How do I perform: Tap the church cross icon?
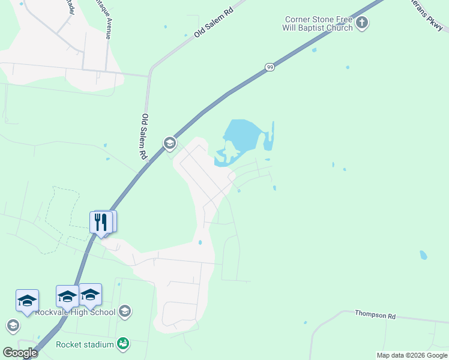(x=362, y=23)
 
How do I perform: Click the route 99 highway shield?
(x=270, y=67)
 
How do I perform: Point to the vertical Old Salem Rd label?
(x=144, y=136)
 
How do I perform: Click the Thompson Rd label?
(x=376, y=314)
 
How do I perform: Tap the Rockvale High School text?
(x=75, y=312)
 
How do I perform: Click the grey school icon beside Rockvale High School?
(x=125, y=311)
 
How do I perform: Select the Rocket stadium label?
(x=85, y=344)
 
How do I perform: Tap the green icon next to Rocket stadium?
(x=123, y=344)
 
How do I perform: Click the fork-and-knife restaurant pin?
(x=101, y=222)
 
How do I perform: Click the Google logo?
(x=20, y=353)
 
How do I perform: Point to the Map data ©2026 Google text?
(x=412, y=355)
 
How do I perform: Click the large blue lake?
(x=243, y=136)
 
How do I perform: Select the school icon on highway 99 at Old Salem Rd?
(x=169, y=143)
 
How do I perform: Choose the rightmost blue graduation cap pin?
(x=90, y=295)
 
